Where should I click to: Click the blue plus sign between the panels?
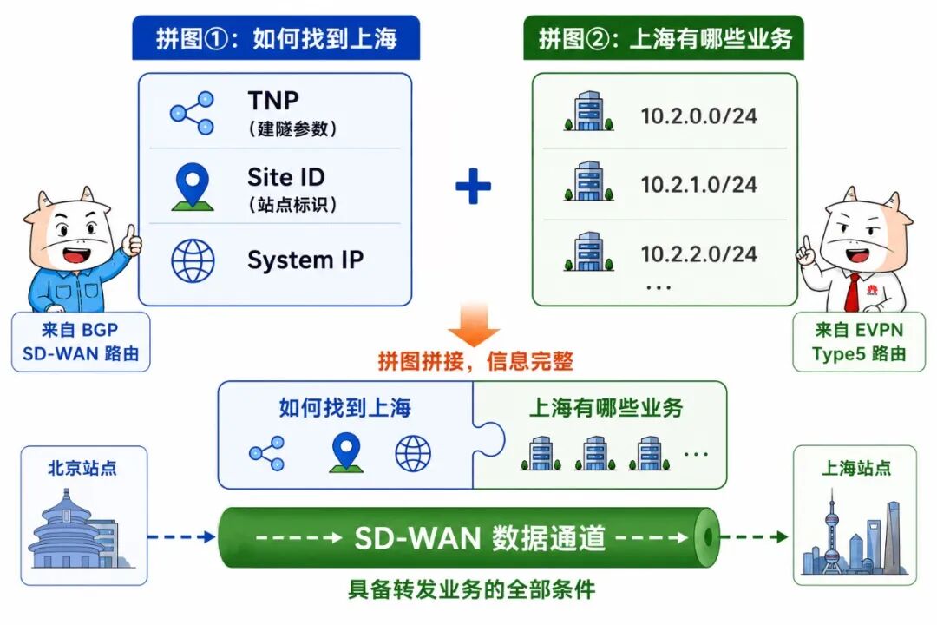coord(474,186)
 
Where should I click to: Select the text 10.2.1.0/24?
coord(698,185)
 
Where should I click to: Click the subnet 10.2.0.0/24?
coord(698,116)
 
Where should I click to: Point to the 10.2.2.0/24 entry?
coord(698,254)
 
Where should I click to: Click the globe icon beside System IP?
coord(193,260)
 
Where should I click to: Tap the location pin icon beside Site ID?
coord(193,187)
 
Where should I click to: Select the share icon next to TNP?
coord(192,113)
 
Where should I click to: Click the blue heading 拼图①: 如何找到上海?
coord(276,38)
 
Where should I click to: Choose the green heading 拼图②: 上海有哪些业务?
coord(664,38)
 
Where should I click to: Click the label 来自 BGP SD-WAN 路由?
coord(81,341)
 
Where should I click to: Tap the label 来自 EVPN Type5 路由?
coord(859,341)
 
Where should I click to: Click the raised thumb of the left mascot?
coord(132,240)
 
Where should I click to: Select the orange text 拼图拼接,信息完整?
coord(475,361)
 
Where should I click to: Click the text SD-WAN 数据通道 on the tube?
coord(480,537)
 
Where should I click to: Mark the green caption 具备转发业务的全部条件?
coord(471,589)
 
